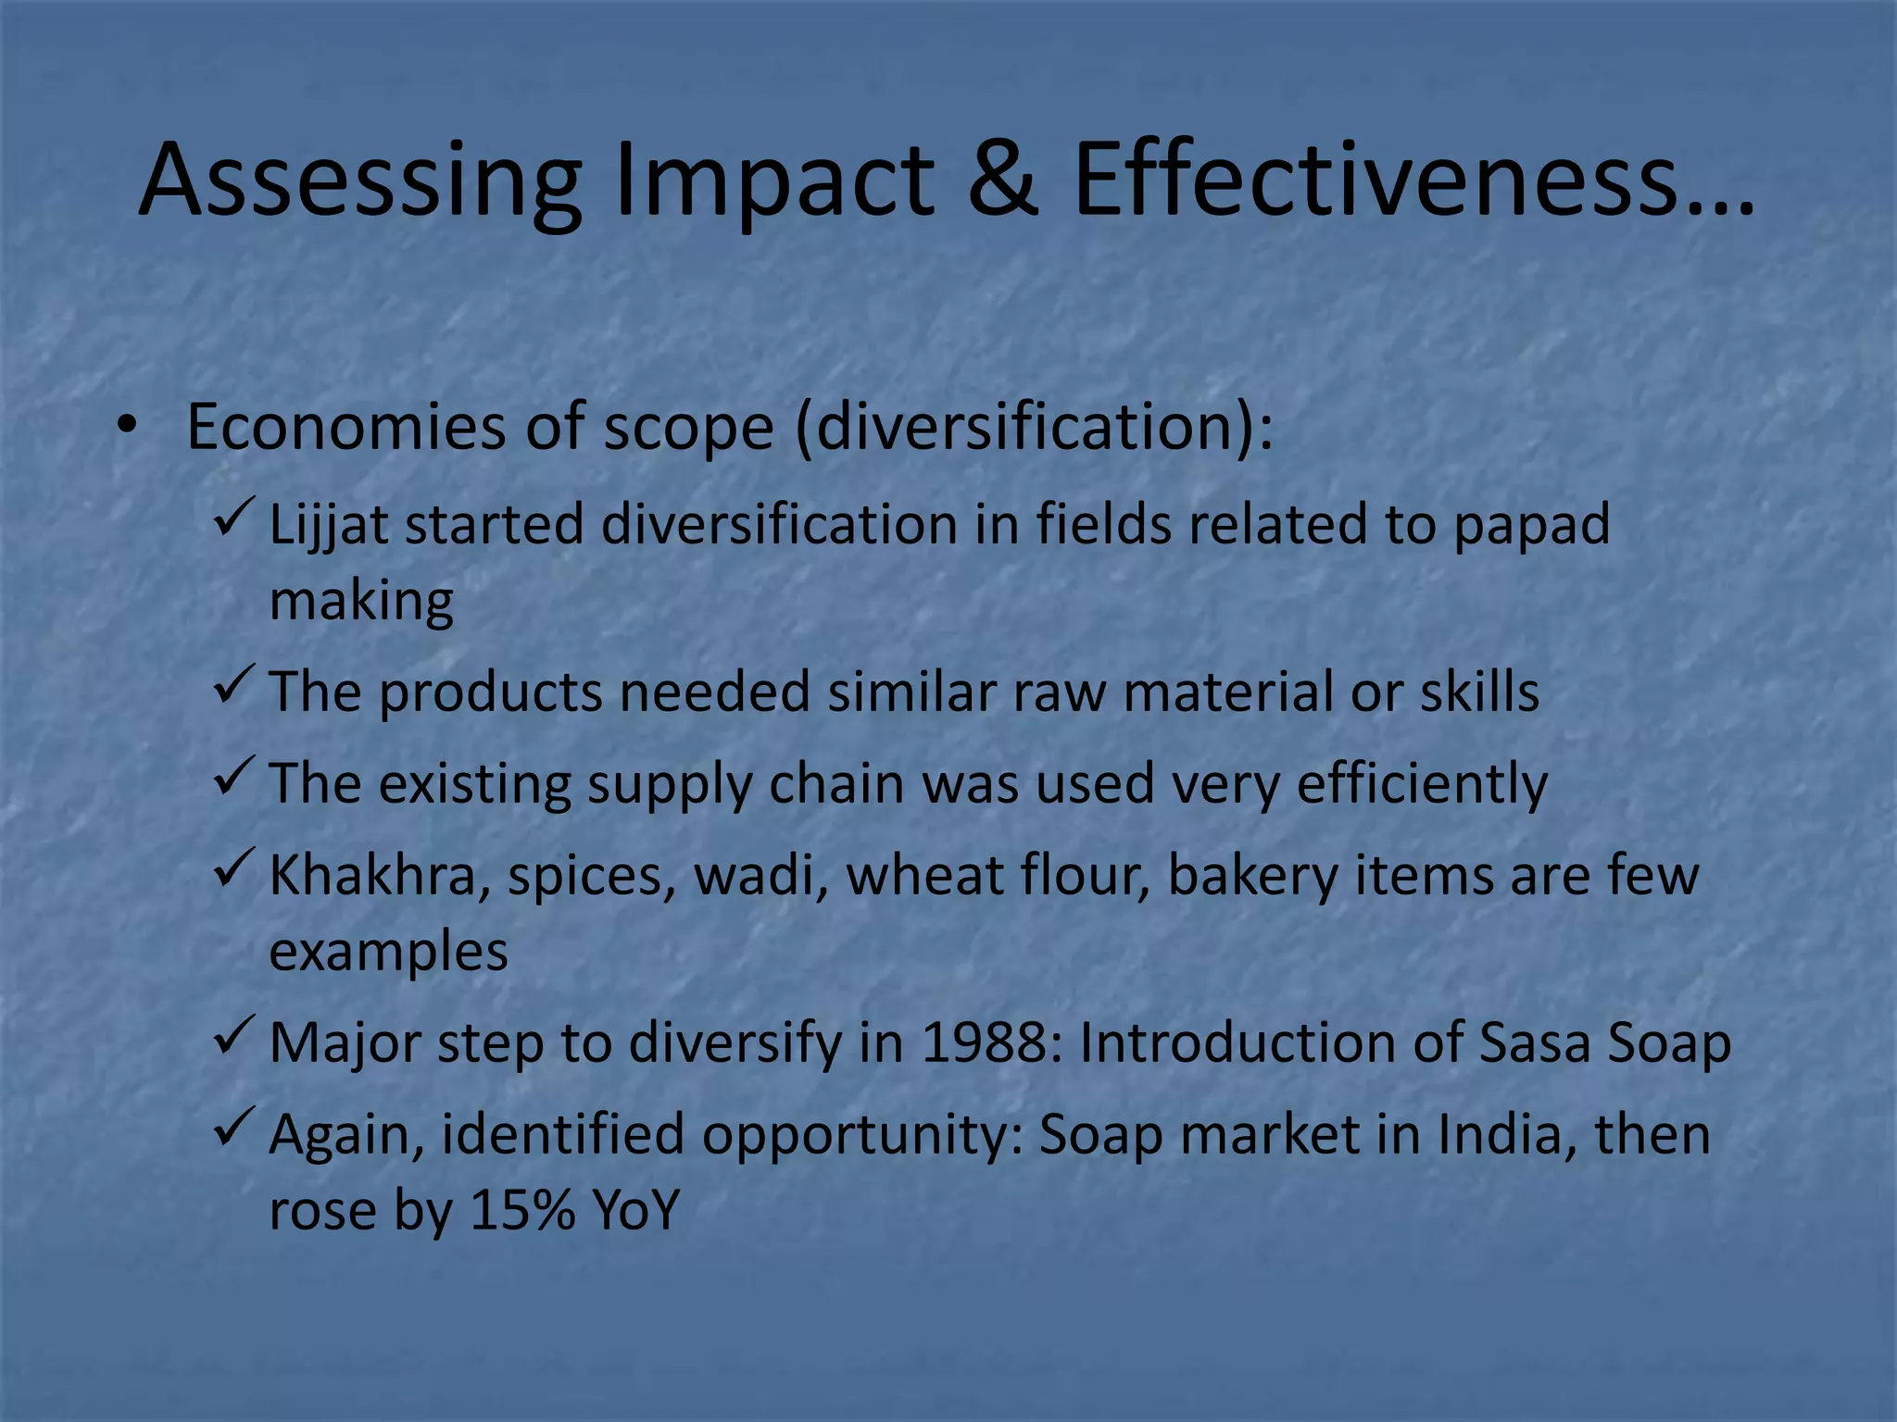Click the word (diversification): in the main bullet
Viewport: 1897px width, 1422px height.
pos(1034,428)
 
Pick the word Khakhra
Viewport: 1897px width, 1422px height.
pos(372,875)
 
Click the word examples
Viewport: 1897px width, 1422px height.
pos(388,953)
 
